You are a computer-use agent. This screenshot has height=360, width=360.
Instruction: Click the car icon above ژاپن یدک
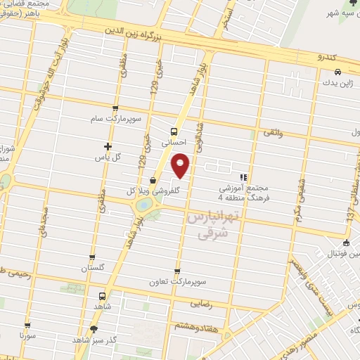coord(338,72)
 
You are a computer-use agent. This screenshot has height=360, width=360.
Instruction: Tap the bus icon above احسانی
coord(174,131)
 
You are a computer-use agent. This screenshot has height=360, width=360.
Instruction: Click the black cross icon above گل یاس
coord(108,146)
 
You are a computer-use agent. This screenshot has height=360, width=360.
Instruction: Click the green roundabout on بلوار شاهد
coord(143,205)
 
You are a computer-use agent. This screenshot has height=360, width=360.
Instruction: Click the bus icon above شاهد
coord(103,296)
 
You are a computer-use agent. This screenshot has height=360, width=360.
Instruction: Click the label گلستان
coord(92,268)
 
